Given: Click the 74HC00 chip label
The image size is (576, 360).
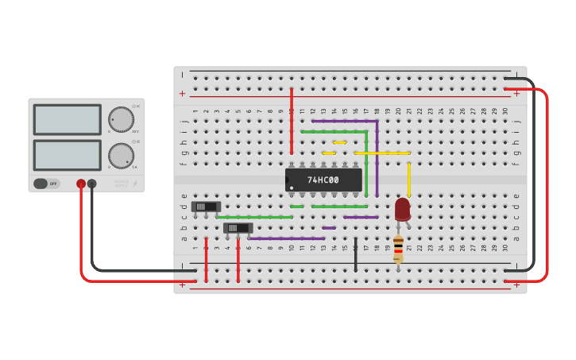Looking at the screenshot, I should tap(323, 180).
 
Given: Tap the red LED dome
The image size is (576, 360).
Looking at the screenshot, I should tap(403, 208).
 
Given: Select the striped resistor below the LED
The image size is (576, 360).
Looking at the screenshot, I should tap(398, 248).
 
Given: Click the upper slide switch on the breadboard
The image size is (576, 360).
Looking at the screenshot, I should tap(206, 207).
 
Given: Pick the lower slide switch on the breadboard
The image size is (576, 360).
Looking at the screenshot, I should tap(238, 228).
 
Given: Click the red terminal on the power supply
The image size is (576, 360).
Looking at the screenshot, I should tap(81, 184).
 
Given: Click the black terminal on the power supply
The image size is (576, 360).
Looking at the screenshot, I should tap(92, 184).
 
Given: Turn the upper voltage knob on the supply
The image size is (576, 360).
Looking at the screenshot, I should tap(121, 118).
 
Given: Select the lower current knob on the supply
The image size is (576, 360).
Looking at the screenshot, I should tap(121, 154).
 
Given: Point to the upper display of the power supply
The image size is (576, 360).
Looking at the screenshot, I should tap(67, 119).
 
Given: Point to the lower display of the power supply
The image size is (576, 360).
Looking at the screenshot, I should tap(67, 155).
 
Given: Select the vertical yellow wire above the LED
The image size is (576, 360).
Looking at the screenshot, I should tap(409, 179).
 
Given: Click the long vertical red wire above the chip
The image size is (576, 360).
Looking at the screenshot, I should tap(292, 121).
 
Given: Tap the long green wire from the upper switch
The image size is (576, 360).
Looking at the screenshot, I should tap(254, 217).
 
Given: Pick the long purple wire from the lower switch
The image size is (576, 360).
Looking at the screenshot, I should tap(286, 238).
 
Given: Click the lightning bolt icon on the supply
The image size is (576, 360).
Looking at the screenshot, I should tap(134, 184).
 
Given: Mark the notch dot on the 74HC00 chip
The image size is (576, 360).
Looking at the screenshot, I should tap(292, 188).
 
